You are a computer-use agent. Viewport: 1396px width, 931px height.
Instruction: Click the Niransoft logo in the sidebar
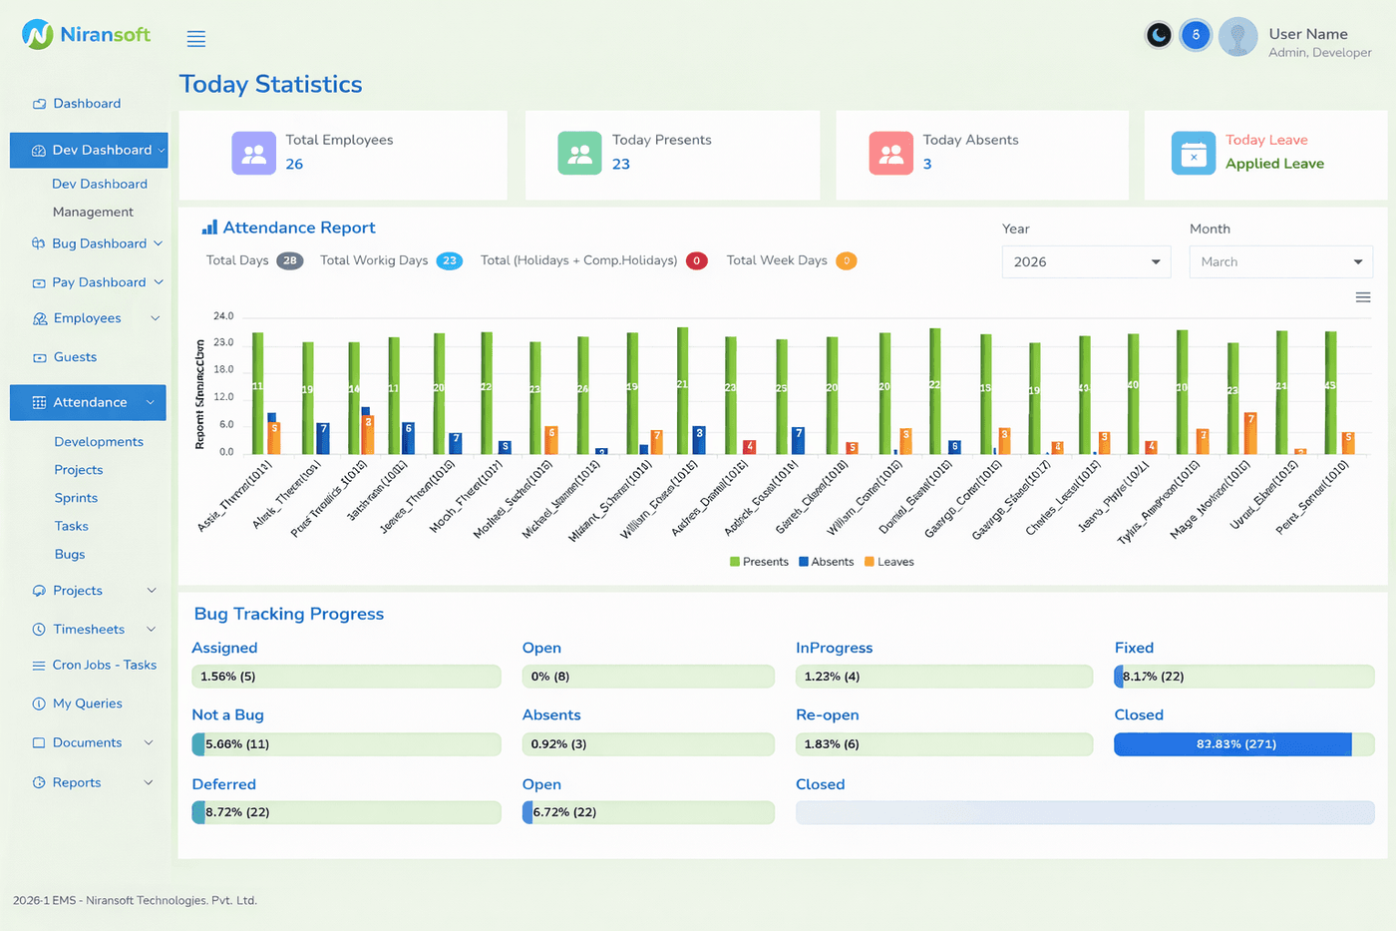tap(86, 35)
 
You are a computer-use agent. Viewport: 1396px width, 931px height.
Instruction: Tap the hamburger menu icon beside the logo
tap(196, 39)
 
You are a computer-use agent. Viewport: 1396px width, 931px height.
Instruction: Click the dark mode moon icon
tap(1159, 36)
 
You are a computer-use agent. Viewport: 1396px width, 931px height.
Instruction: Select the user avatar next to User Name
tap(1237, 37)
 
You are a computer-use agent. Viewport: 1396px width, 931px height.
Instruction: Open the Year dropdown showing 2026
tap(1086, 261)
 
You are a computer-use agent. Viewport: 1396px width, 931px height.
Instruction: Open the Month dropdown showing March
tap(1280, 261)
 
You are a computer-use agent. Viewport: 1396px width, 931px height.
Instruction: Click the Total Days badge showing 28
tap(289, 260)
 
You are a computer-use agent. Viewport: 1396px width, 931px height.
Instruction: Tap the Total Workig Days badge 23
tap(450, 260)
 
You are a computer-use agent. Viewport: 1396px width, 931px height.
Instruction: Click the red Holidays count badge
tap(696, 260)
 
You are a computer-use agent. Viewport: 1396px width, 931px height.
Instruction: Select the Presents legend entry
tap(759, 562)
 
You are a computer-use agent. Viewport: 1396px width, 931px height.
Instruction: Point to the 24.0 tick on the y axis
tap(223, 316)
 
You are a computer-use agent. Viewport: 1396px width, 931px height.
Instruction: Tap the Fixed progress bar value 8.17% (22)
tap(1154, 677)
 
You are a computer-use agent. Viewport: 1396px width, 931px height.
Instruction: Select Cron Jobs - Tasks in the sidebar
tap(104, 666)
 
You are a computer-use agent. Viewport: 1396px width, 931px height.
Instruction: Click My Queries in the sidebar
tap(87, 703)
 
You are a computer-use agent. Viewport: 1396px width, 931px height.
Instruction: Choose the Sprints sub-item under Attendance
tap(76, 498)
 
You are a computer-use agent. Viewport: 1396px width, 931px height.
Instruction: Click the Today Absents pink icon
tap(890, 154)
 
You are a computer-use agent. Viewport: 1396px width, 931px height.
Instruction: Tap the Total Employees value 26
tap(294, 165)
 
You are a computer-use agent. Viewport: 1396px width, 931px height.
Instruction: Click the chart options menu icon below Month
tap(1362, 297)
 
